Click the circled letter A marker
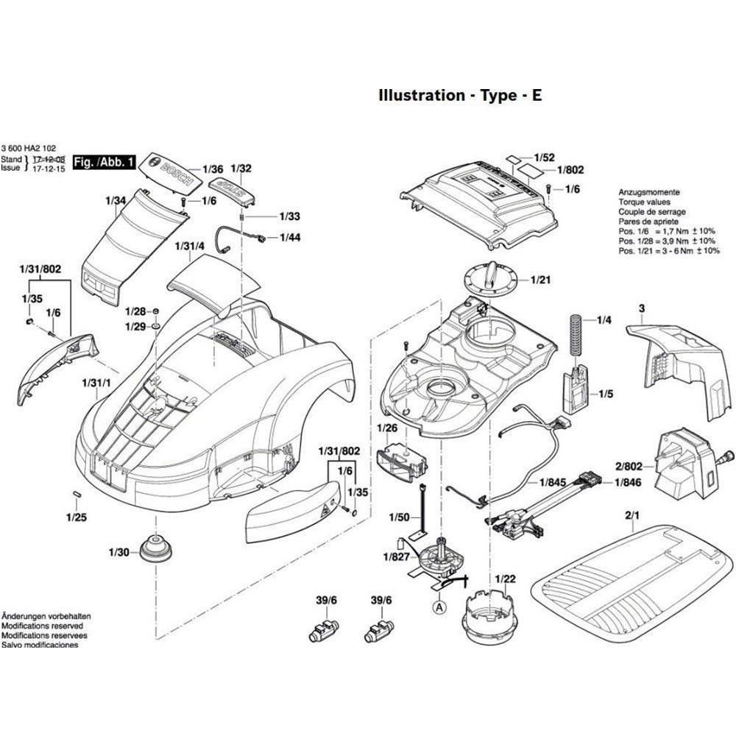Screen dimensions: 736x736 439,608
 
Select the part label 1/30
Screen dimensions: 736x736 118,552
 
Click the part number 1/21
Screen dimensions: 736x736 541,280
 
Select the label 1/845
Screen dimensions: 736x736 553,483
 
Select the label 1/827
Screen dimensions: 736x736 397,556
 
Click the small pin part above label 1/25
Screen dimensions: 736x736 76,492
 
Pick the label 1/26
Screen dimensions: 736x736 387,428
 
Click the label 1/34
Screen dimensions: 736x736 116,200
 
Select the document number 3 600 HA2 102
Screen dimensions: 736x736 29,148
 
